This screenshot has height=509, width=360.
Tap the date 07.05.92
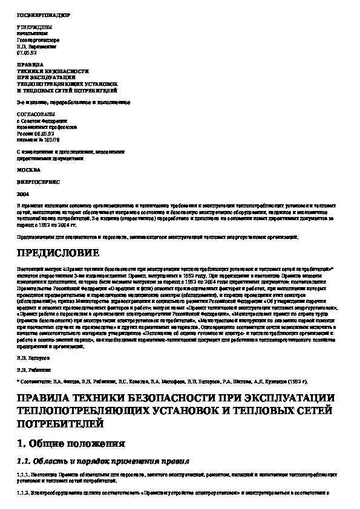click(x=25, y=53)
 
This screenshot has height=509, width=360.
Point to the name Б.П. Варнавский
click(x=36, y=46)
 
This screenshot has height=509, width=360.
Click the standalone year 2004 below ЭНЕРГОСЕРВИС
click(x=22, y=195)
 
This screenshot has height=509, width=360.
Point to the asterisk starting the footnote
click(x=18, y=381)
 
